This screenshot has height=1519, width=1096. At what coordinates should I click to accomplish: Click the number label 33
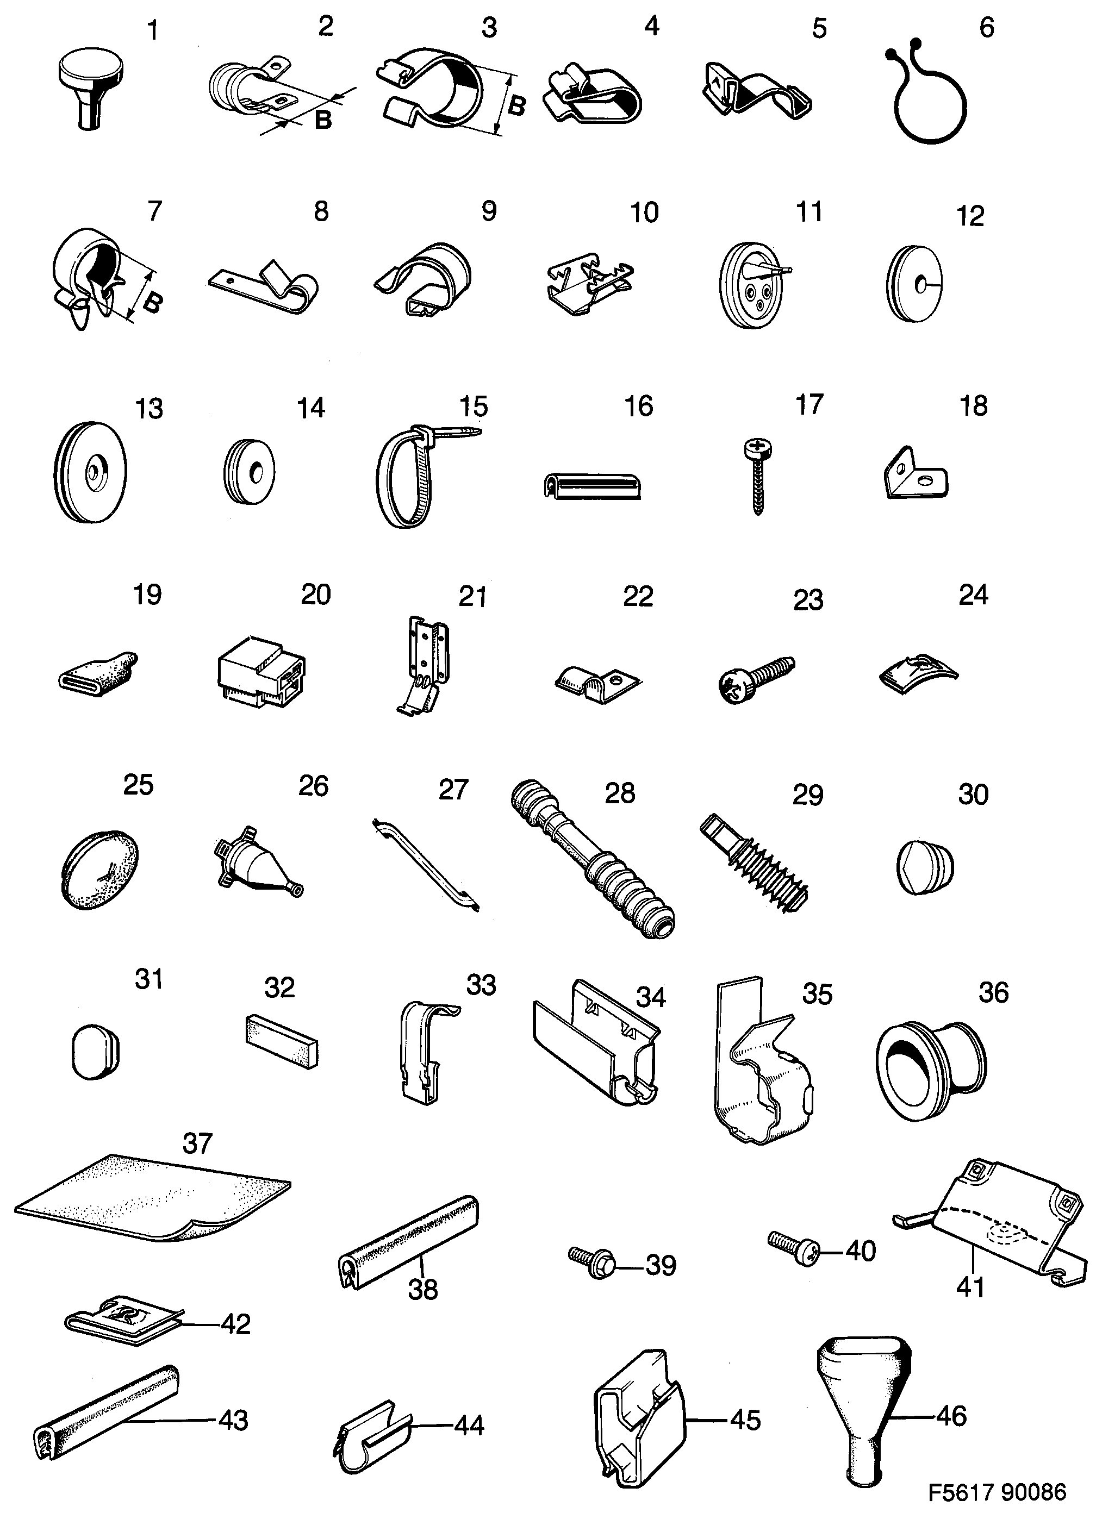(481, 985)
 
